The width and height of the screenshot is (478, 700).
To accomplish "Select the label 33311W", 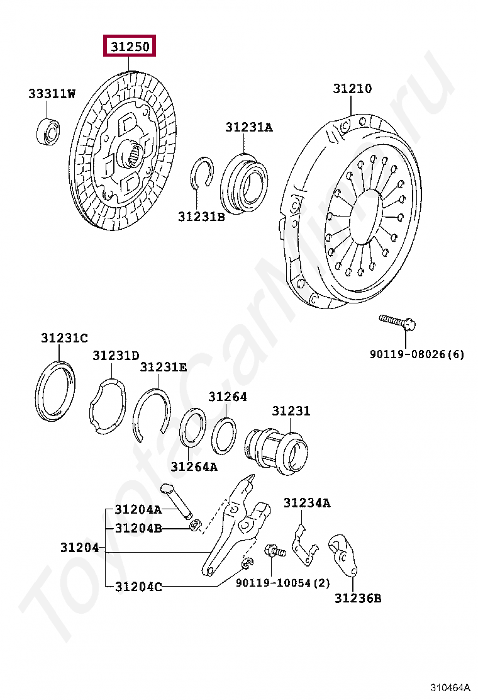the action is pos(52,94).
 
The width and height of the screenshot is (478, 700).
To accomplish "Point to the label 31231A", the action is pos(249,128).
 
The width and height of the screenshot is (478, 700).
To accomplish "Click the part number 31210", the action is pos(352,89).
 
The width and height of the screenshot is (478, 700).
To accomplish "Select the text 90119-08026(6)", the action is pos(416,354).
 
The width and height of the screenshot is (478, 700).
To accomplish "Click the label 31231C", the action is pos(65,338).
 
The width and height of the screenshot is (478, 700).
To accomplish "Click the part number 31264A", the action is pos(194,466).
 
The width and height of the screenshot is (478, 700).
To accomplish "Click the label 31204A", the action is pos(138,509).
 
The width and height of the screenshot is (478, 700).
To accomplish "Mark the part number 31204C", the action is pos(138,587).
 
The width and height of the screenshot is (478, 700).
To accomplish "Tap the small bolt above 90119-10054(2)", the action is pos(275,550).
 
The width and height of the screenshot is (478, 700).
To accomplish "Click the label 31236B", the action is pos(357,598).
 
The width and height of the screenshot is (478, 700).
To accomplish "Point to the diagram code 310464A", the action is pos(452,687).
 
